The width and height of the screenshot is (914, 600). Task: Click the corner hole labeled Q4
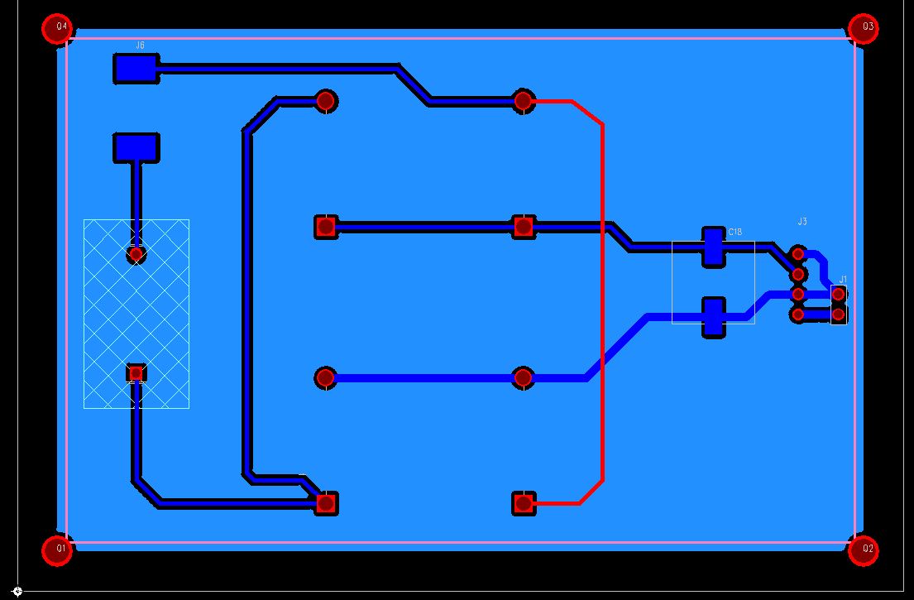click(59, 27)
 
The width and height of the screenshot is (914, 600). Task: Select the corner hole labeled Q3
click(864, 27)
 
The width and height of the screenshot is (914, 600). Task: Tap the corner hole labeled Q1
click(58, 549)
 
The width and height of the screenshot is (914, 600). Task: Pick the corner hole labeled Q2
click(864, 549)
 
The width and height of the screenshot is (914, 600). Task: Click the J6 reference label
click(140, 46)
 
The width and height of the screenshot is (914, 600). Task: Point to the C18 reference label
click(735, 233)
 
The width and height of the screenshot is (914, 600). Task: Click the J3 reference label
click(802, 222)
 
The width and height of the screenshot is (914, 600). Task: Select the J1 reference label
click(843, 280)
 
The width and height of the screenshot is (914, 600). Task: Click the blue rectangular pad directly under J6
click(136, 69)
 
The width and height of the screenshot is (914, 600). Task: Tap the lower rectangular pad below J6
click(136, 147)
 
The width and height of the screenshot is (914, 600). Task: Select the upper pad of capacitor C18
click(713, 247)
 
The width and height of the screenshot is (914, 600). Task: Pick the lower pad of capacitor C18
click(713, 317)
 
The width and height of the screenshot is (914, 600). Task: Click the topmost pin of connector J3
click(798, 253)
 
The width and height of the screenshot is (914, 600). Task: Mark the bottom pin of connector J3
click(798, 314)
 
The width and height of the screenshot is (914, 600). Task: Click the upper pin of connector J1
click(839, 294)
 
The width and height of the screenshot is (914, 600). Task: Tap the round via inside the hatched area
click(136, 254)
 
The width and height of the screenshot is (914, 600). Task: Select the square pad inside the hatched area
click(136, 373)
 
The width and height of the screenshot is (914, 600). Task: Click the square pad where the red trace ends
click(523, 502)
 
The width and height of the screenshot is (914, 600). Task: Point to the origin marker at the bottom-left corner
click(17, 591)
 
